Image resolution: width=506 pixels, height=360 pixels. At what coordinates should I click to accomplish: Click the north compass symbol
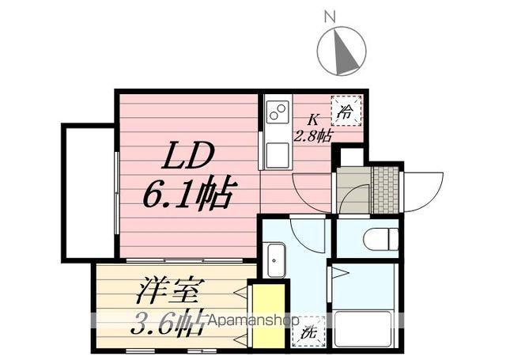pos(342,49)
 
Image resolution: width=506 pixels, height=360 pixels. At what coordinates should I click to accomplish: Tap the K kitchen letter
pos(313,119)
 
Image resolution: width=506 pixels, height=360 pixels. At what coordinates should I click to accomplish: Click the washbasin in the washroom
pos(275,260)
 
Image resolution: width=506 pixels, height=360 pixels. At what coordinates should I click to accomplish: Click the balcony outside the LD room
pos(89,191)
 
